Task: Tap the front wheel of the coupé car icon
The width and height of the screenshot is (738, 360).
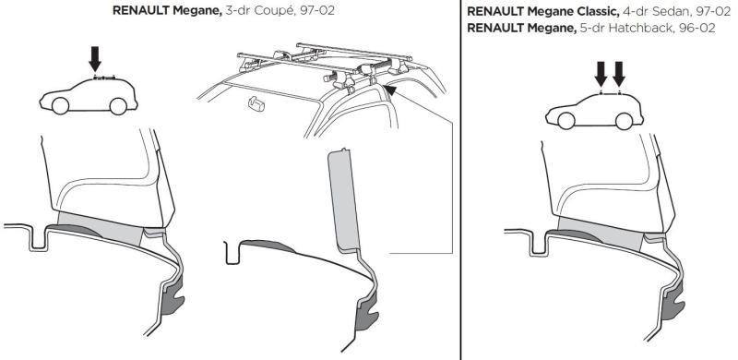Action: click(59, 105)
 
